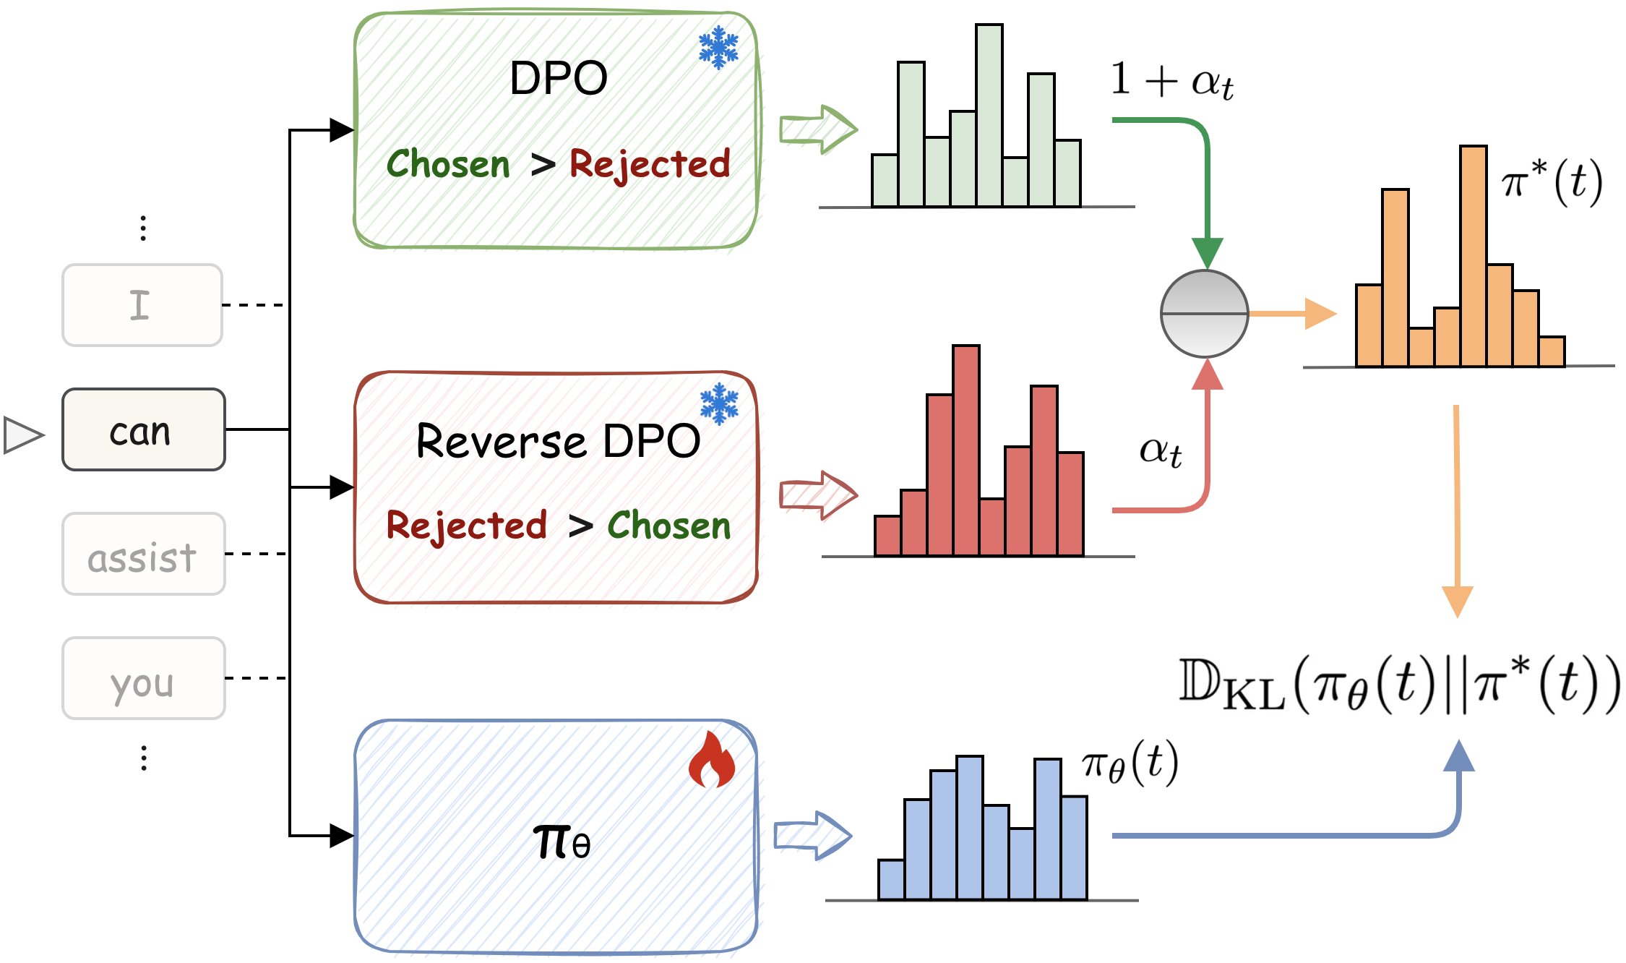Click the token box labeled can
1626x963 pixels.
(143, 430)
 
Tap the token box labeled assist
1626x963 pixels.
(143, 555)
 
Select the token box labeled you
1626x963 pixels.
(143, 679)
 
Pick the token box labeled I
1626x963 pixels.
(142, 305)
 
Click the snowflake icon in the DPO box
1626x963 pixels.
(718, 48)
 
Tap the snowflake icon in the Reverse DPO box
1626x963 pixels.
(719, 403)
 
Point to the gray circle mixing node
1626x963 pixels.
(1204, 314)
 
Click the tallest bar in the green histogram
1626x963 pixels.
(989, 116)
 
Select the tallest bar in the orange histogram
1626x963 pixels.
(1473, 257)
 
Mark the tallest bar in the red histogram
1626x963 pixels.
(965, 450)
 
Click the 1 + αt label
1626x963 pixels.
(1171, 80)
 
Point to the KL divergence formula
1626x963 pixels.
(1399, 684)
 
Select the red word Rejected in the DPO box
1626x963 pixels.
(650, 164)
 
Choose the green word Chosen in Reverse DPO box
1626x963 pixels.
(669, 526)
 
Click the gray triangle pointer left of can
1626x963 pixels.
(22, 435)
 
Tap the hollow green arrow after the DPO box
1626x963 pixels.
(818, 130)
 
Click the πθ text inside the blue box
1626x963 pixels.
(562, 842)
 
